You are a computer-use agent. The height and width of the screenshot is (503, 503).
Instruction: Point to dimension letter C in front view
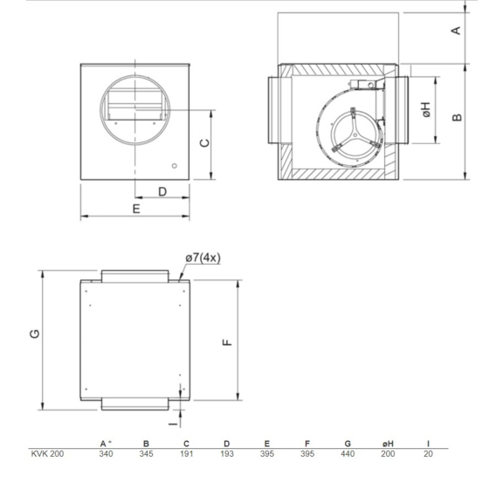click(203, 142)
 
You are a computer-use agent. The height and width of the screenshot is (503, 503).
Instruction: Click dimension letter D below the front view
click(162, 191)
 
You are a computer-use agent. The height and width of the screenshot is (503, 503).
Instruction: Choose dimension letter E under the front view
click(136, 210)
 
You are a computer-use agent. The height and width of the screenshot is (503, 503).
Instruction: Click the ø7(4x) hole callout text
click(203, 258)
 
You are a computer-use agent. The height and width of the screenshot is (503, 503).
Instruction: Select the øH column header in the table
click(388, 444)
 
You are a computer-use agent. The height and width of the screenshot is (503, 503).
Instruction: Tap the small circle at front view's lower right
click(175, 165)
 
